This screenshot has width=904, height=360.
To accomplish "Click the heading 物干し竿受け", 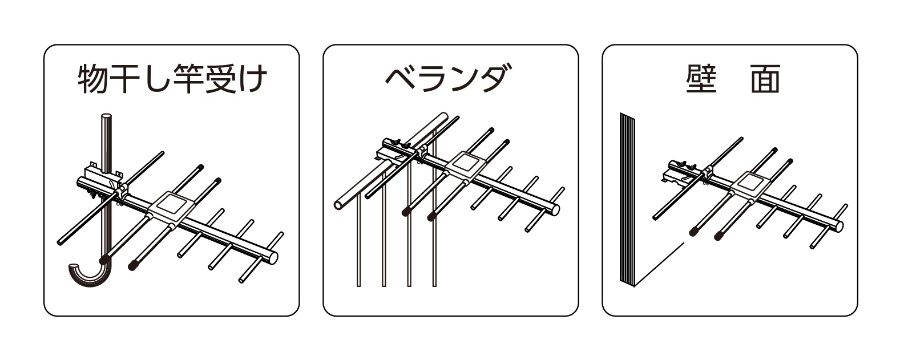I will point(172,79).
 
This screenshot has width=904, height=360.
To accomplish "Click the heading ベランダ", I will point(446,79).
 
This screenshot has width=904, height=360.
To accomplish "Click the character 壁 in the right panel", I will point(701,79).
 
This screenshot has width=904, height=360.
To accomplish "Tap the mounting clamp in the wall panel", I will point(683,171).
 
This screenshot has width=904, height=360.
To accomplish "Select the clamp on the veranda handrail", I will point(399,149).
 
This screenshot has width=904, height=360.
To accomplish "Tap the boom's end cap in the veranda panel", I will point(555,208).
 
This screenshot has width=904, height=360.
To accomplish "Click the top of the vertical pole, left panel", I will point(106,119).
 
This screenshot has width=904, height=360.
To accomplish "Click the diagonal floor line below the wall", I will point(659,264).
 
